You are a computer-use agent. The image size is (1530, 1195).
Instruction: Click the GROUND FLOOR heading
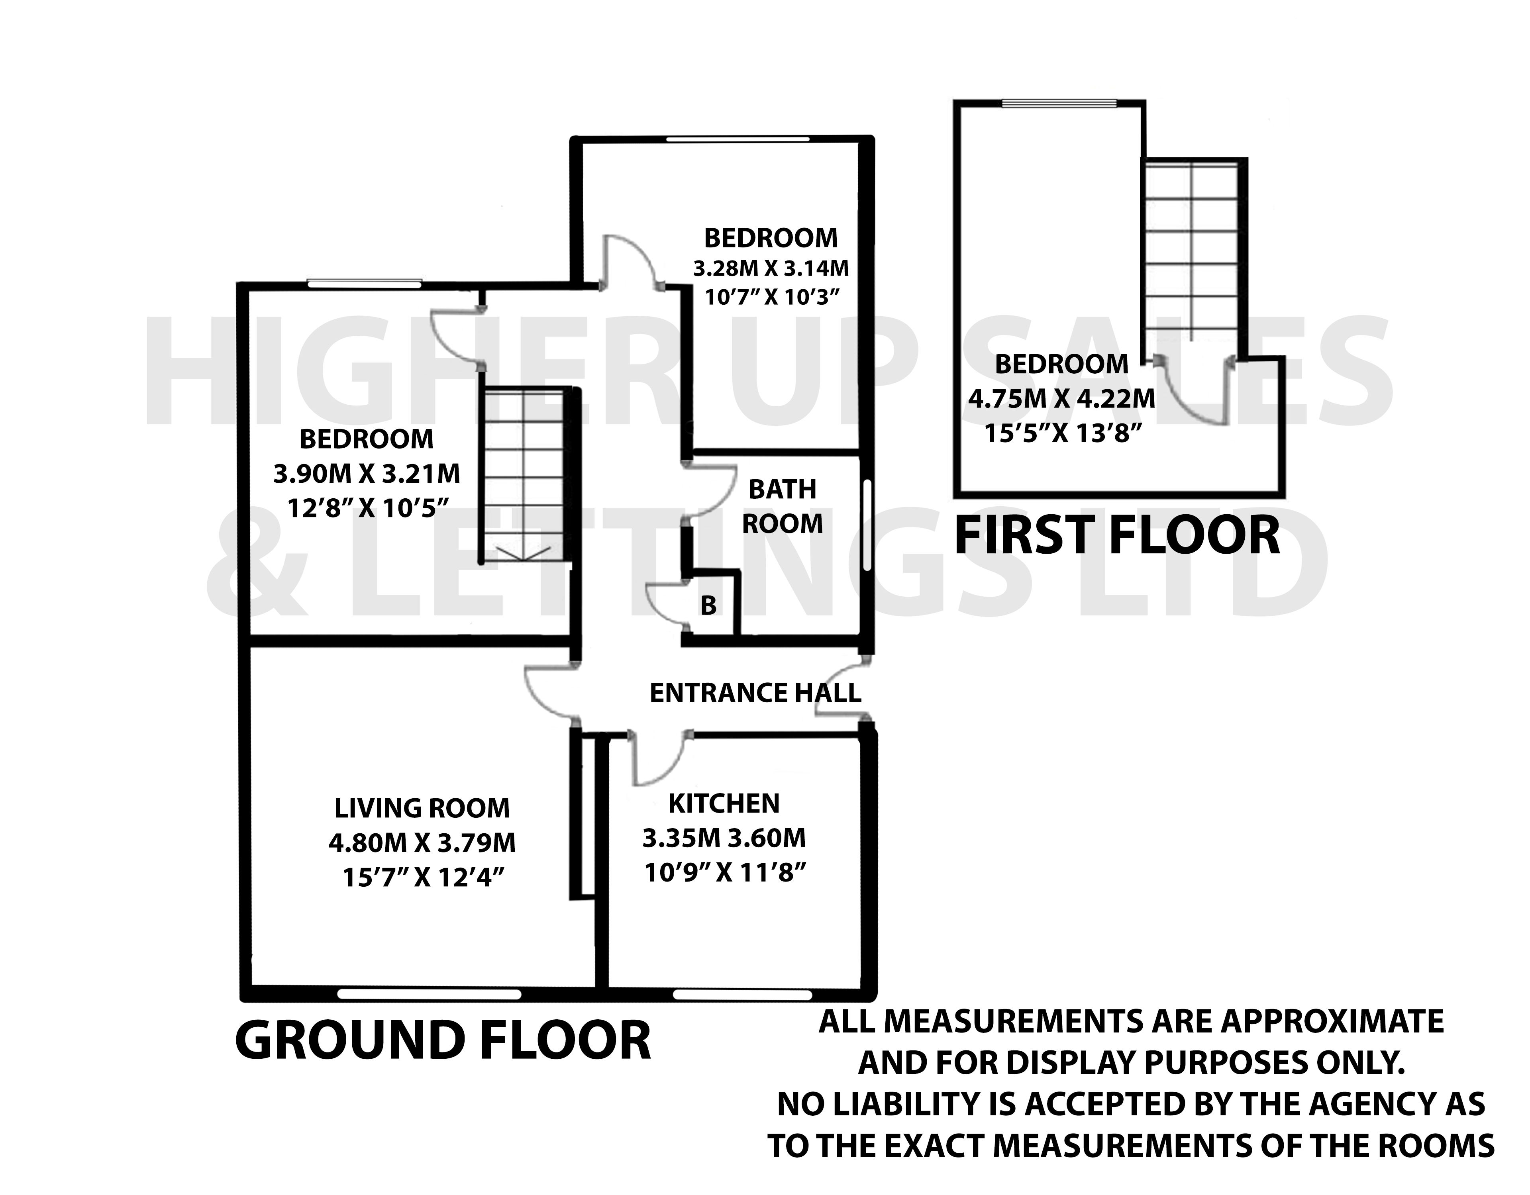pos(443,1041)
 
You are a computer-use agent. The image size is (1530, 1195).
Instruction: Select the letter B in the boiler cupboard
pos(708,605)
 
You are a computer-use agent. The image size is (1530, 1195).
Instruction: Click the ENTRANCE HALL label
pos(755,693)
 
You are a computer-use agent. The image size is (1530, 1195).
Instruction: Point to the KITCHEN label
pos(724,803)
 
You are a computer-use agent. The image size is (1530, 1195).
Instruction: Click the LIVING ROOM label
pos(422,808)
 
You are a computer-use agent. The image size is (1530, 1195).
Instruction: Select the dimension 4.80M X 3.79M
pos(422,842)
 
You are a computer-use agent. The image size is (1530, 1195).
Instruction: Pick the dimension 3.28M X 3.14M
pos(771,268)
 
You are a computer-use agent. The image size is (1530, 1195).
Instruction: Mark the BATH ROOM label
pos(783,506)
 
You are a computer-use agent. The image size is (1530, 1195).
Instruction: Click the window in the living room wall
pos(429,994)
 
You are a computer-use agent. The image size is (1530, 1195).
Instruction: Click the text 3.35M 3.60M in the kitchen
pos(724,838)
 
